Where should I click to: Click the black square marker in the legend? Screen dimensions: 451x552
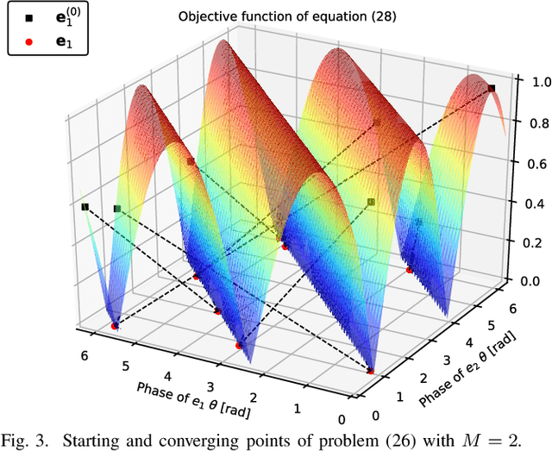coord(29,16)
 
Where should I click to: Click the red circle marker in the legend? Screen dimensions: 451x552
coord(29,40)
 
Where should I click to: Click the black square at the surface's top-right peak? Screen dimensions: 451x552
coord(491,88)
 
